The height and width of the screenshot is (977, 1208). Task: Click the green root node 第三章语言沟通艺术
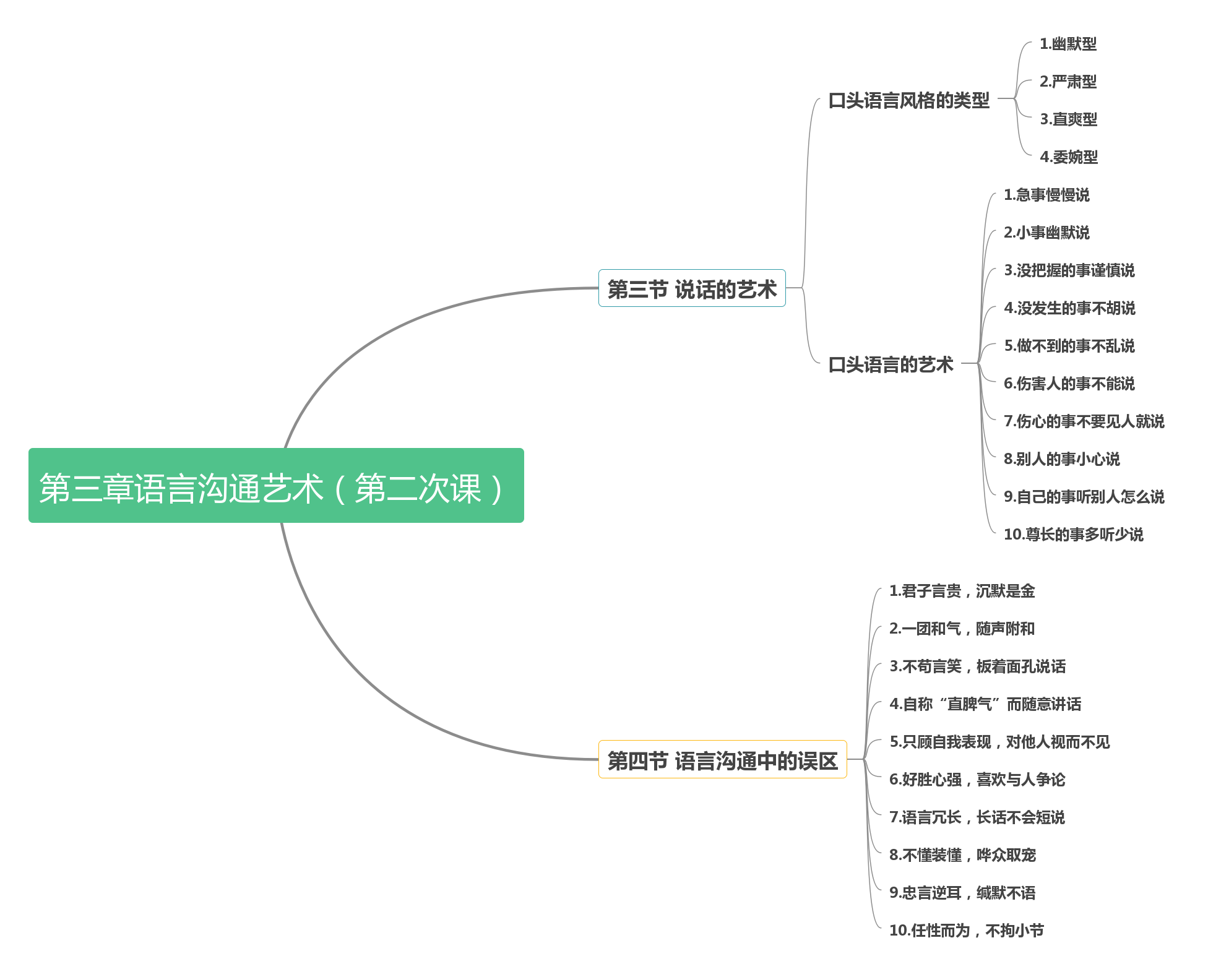pos(276,486)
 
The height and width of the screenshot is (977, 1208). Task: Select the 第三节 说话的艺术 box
pos(691,288)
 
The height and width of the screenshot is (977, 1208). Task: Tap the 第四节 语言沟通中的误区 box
pos(722,760)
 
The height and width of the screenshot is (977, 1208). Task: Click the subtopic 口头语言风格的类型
pos(908,100)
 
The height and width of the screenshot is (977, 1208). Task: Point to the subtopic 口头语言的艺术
pos(891,364)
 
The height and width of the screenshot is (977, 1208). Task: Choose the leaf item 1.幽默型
pos(1068,44)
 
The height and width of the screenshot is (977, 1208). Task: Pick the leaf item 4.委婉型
pos(1069,157)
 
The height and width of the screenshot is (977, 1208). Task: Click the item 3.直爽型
pos(1068,119)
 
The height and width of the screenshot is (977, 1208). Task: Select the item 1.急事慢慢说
pos(1046,195)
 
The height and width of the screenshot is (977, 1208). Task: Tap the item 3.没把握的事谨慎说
pos(1069,270)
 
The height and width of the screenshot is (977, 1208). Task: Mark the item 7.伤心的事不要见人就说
pos(1084,421)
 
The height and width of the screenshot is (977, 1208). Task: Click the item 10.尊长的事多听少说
pos(1073,535)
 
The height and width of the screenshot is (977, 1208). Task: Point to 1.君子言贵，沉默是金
pos(962,591)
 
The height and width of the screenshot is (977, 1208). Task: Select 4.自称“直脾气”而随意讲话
pos(985,704)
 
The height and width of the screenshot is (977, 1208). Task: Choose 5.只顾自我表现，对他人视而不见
pos(999,742)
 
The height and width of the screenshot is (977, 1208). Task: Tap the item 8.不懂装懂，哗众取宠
pos(962,855)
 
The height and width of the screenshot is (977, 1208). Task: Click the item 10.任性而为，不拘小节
pos(966,931)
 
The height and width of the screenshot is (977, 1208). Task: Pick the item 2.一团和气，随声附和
pos(962,629)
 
